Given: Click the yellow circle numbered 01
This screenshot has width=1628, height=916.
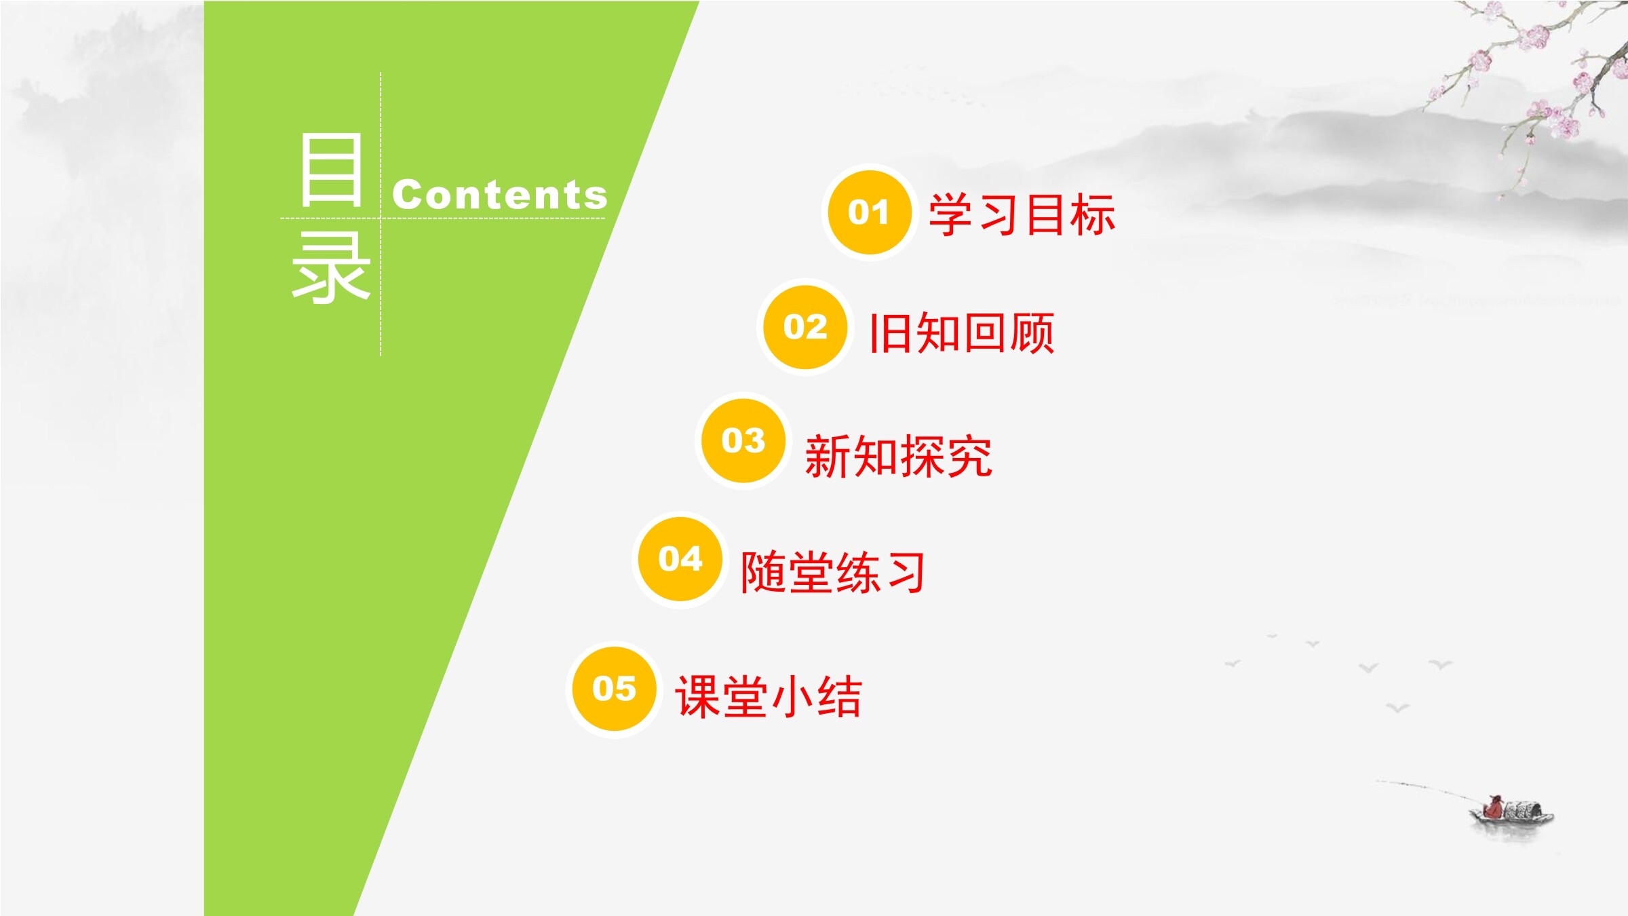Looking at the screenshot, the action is click(x=870, y=212).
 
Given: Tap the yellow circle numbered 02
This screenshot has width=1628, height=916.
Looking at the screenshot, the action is click(x=806, y=327).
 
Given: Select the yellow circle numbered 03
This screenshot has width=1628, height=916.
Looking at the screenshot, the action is click(x=743, y=441).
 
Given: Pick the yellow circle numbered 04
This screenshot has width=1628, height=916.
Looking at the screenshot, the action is click(x=680, y=559).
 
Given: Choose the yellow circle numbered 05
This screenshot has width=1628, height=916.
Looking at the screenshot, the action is click(x=615, y=689).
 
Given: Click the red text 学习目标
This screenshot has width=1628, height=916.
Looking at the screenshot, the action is click(x=1022, y=214).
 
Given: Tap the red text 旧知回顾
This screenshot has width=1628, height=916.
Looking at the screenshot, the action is click(x=962, y=332).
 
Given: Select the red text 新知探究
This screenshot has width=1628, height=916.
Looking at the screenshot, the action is click(x=899, y=456).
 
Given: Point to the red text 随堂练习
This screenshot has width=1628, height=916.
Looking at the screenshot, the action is click(x=833, y=572).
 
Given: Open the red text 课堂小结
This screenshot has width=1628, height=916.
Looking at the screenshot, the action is click(x=769, y=696).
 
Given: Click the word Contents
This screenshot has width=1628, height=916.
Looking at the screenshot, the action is click(x=500, y=195).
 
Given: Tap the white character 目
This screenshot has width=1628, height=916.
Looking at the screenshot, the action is click(x=331, y=170).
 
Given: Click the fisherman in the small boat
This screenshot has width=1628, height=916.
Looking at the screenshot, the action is click(x=1492, y=808).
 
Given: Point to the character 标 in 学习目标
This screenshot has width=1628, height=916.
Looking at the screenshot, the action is click(x=1092, y=214).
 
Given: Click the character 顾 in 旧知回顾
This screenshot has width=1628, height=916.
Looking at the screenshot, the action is click(x=1032, y=332).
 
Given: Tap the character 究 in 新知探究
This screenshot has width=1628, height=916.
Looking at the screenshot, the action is click(x=970, y=456).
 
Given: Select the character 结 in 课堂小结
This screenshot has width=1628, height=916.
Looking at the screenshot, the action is click(x=840, y=696).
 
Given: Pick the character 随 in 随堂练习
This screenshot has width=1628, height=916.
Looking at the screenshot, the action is click(x=763, y=572).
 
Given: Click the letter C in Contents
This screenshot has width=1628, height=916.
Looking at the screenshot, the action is click(x=406, y=195).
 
